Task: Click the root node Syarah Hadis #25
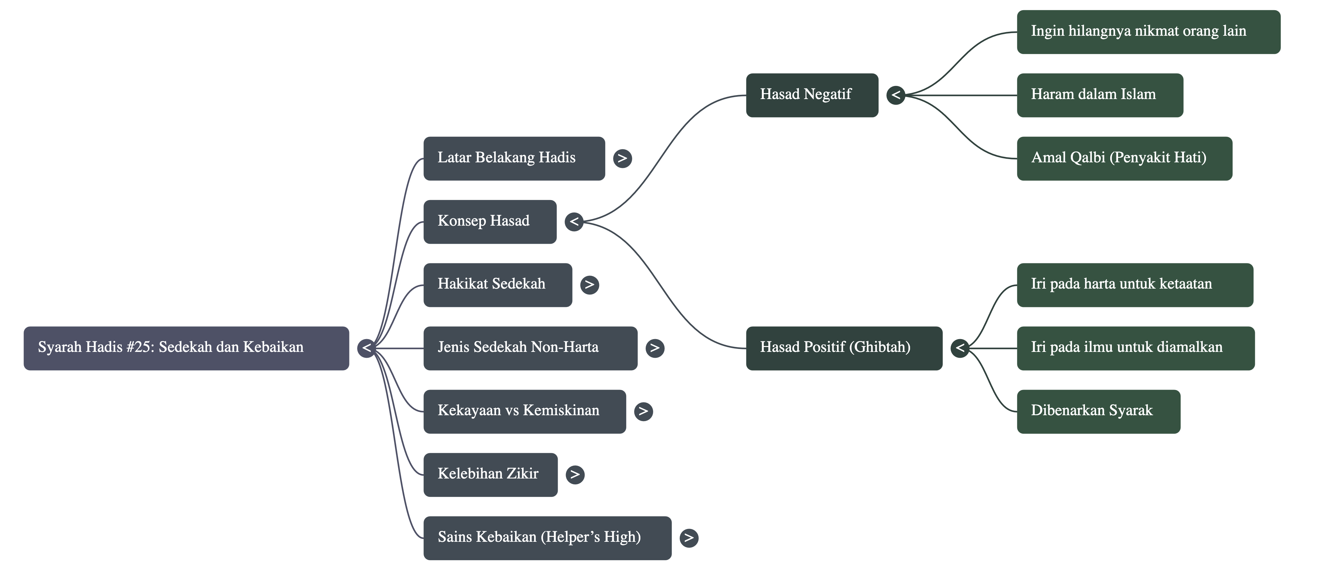click(186, 348)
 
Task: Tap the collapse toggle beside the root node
click(366, 348)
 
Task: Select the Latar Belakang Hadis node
click(513, 158)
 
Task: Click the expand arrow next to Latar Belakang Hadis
click(622, 158)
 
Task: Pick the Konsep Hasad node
click(489, 221)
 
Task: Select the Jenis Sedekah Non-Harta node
click(530, 348)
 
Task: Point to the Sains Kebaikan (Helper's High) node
click(547, 538)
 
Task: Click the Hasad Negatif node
click(811, 95)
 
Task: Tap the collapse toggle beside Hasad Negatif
click(895, 95)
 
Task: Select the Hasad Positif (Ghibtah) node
click(844, 348)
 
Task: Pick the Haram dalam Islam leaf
click(1099, 95)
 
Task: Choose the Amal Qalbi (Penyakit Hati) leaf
click(1124, 158)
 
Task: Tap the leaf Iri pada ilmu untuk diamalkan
click(1135, 348)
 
